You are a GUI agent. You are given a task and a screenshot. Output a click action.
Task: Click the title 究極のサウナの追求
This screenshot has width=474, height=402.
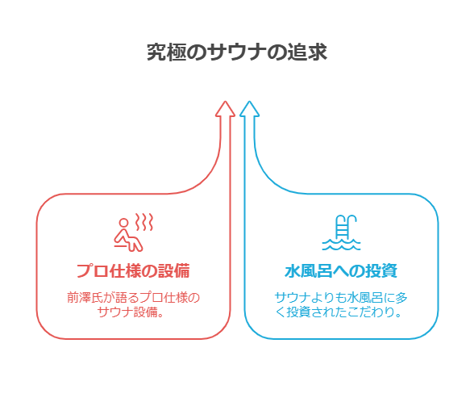(x=237, y=52)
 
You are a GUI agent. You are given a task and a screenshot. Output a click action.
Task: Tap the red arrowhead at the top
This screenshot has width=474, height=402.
(x=225, y=108)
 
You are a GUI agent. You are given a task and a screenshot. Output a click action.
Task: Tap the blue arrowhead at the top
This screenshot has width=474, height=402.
(x=249, y=108)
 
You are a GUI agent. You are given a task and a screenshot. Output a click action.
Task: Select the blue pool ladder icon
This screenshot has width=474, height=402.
(x=342, y=232)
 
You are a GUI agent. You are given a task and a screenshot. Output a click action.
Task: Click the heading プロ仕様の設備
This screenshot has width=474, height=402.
(x=133, y=270)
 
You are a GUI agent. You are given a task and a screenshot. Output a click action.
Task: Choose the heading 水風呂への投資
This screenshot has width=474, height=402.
(x=341, y=270)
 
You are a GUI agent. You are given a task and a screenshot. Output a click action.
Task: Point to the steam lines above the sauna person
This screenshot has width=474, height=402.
(x=143, y=222)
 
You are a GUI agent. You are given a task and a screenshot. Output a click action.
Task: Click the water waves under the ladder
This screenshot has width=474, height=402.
(x=341, y=245)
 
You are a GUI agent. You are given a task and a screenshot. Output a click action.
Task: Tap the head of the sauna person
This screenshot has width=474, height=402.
(x=123, y=223)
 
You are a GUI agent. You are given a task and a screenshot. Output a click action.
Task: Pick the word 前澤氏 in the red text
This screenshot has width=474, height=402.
(x=85, y=298)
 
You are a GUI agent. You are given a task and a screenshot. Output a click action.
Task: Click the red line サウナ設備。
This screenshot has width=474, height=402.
(x=131, y=312)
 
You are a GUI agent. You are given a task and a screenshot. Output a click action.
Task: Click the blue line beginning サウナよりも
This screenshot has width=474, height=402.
(x=341, y=298)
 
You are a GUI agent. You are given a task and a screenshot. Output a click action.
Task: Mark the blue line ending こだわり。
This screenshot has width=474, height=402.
(x=339, y=312)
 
